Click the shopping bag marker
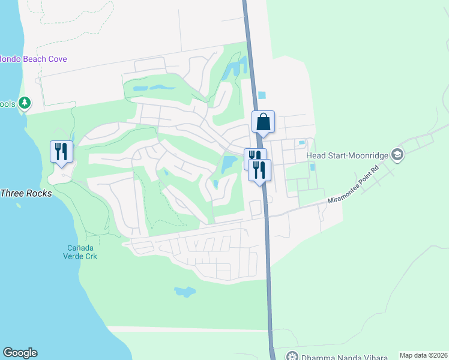tap(263, 122)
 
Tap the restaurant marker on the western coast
tap(61, 151)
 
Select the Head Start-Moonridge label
tap(347, 155)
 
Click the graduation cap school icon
tap(397, 155)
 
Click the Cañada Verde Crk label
tap(81, 252)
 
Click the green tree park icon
tap(25, 103)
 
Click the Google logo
tap(20, 353)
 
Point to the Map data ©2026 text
tap(423, 355)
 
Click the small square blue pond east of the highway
tap(262, 95)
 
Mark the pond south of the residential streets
tap(185, 292)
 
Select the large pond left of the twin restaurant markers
tap(229, 163)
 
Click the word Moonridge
tap(367, 155)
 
